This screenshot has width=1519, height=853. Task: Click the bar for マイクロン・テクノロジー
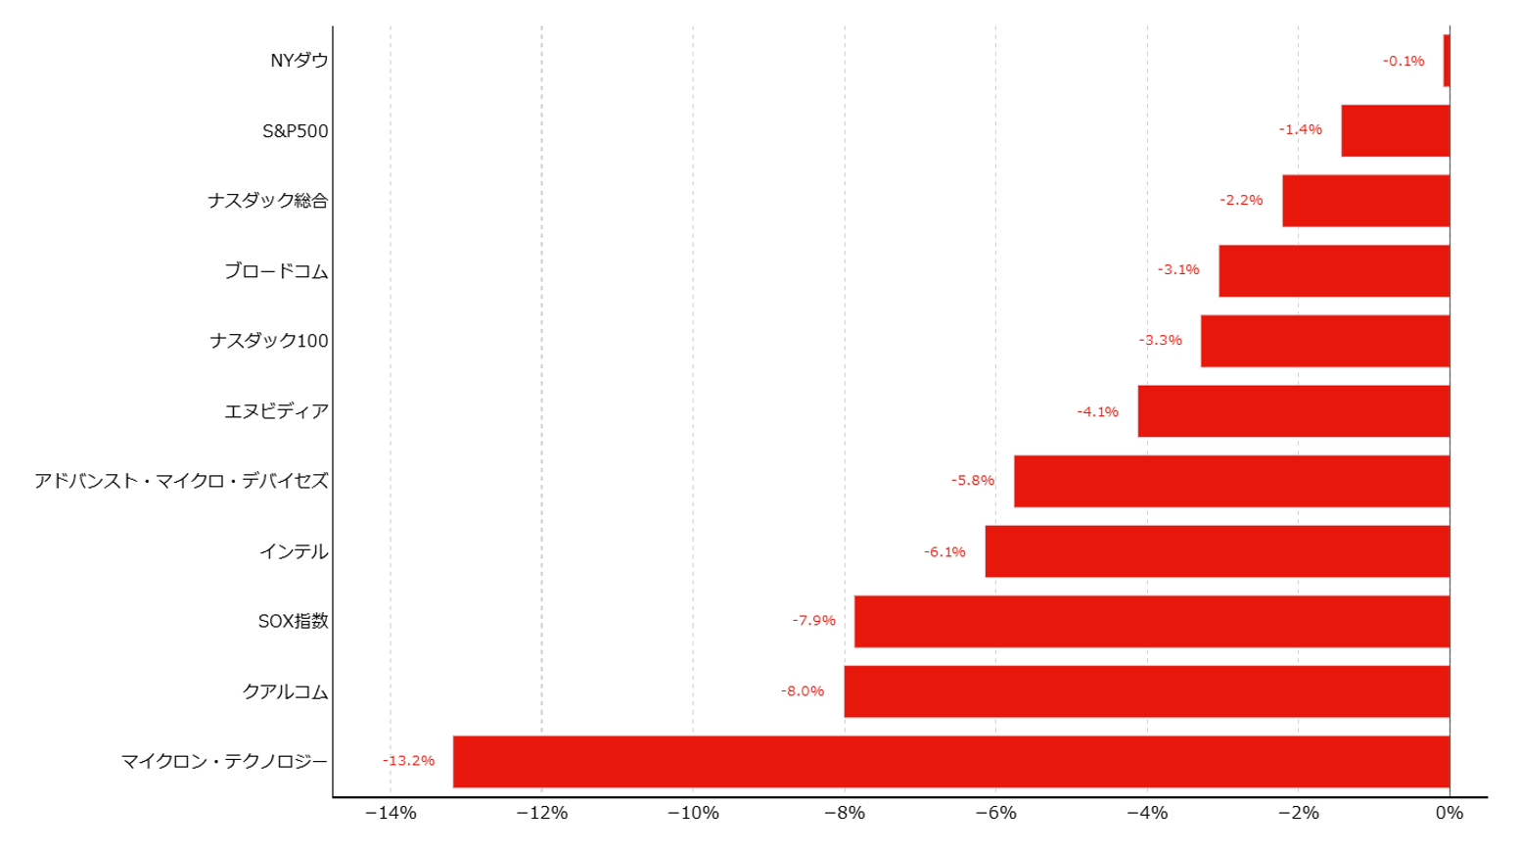tap(951, 761)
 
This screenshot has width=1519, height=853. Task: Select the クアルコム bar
tap(1147, 691)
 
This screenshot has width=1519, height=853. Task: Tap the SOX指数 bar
tap(1152, 622)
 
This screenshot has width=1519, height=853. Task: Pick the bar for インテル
tap(1218, 551)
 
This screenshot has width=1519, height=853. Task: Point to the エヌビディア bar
tap(1294, 411)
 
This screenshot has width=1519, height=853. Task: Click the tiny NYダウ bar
tap(1447, 61)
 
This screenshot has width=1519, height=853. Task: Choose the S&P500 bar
tap(1396, 131)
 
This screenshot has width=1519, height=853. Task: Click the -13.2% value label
tap(408, 761)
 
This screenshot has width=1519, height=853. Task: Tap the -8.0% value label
tap(803, 690)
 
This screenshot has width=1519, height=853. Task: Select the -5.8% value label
tap(973, 481)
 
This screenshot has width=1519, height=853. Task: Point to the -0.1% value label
tap(1404, 61)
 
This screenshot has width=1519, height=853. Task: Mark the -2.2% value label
tap(1241, 200)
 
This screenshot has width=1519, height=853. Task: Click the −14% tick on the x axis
tap(391, 813)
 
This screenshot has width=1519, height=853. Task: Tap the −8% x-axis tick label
tap(845, 813)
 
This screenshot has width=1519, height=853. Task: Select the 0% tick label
tap(1450, 813)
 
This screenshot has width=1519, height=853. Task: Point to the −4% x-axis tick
tap(1147, 813)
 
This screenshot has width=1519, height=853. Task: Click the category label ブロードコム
tap(276, 271)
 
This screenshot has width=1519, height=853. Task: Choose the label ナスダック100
tap(268, 341)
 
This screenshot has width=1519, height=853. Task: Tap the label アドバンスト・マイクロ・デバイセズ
tap(181, 481)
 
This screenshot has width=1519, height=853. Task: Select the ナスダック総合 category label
tap(268, 201)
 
